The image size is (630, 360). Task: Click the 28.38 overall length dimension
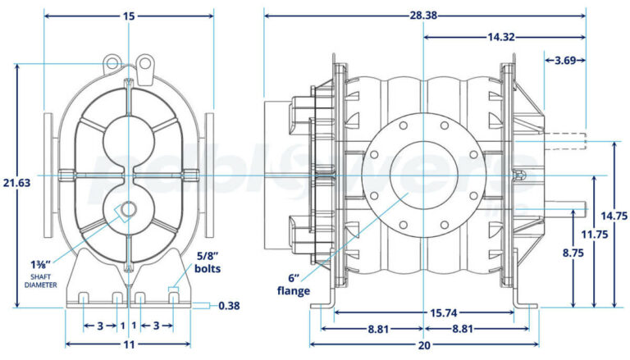coord(423,15)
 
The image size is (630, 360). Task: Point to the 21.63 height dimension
coord(16,182)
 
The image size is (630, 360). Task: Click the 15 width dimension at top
coord(129,16)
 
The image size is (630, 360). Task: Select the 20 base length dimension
coord(424,345)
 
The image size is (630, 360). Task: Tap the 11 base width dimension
coord(129,345)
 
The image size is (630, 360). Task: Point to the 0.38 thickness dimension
coord(229,306)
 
